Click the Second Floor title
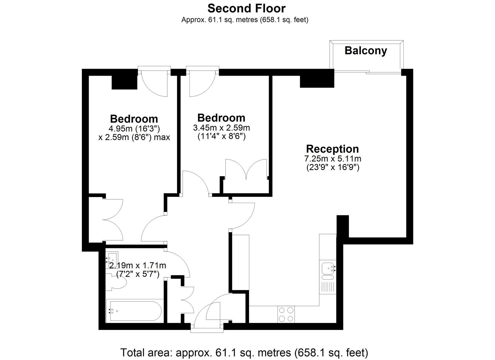pyautogui.click(x=246, y=8)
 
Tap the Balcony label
pyautogui.click(x=366, y=51)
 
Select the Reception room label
pyautogui.click(x=332, y=149)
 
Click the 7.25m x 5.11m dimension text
pyautogui.click(x=333, y=158)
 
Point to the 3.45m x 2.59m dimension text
pyautogui.click(x=221, y=128)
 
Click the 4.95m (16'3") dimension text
pyautogui.click(x=134, y=128)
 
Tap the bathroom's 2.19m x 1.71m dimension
pyautogui.click(x=137, y=265)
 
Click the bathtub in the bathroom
pyautogui.click(x=134, y=310)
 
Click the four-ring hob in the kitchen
pyautogui.click(x=286, y=314)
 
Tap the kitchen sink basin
pyautogui.click(x=328, y=269)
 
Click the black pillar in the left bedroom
pyautogui.click(x=124, y=82)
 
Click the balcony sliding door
pyautogui.click(x=367, y=72)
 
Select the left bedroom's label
pyautogui.click(x=134, y=119)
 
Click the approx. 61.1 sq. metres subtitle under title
pyautogui.click(x=245, y=20)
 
